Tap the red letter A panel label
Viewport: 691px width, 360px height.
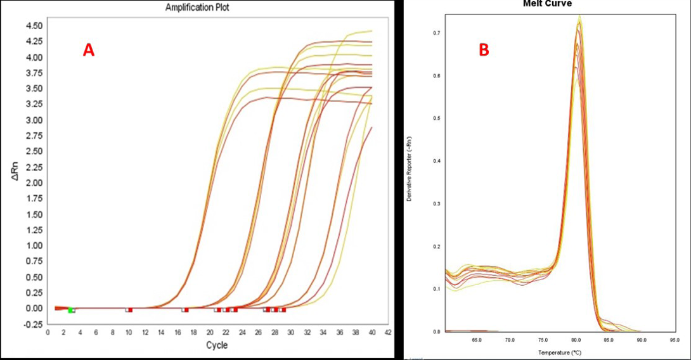click(89, 51)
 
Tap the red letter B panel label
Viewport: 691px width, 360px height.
click(484, 50)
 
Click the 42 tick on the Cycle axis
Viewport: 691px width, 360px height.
click(388, 332)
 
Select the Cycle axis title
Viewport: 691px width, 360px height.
click(216, 345)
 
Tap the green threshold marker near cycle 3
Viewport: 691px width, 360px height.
click(70, 310)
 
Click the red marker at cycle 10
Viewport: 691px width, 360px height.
click(129, 310)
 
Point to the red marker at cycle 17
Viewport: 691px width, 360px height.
click(186, 310)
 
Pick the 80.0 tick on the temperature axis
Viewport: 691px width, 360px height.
click(576, 339)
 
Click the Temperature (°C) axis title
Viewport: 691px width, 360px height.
click(560, 352)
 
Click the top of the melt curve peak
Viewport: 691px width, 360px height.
click(579, 19)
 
